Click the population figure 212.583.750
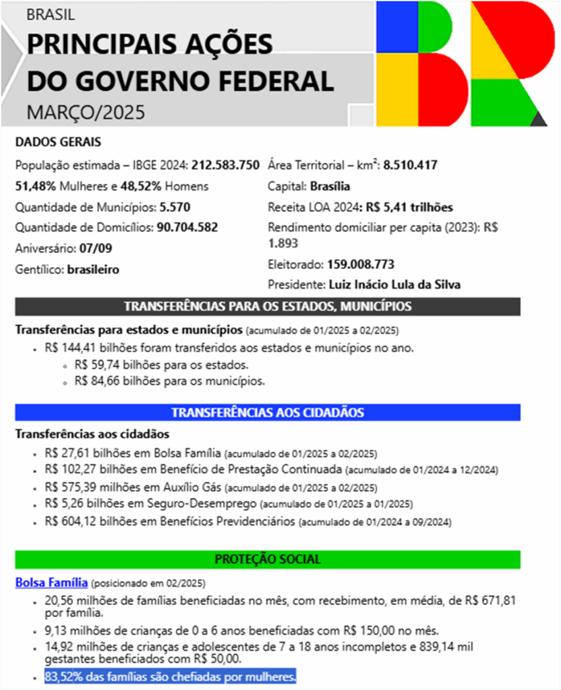[x=225, y=165]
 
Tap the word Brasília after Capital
[x=330, y=186]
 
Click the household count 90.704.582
[x=187, y=227]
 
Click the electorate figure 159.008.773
[x=361, y=264]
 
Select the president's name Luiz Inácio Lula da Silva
[x=394, y=284]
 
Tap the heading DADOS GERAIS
[x=58, y=142]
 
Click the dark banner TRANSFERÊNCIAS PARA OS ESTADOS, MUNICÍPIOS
[x=268, y=307]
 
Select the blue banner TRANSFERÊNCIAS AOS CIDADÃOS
[x=268, y=412]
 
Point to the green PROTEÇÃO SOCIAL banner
[x=268, y=559]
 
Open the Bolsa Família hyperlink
[x=51, y=582]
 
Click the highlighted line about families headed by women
[x=171, y=677]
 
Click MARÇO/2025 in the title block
[x=86, y=112]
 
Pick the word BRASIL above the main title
[x=51, y=15]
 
